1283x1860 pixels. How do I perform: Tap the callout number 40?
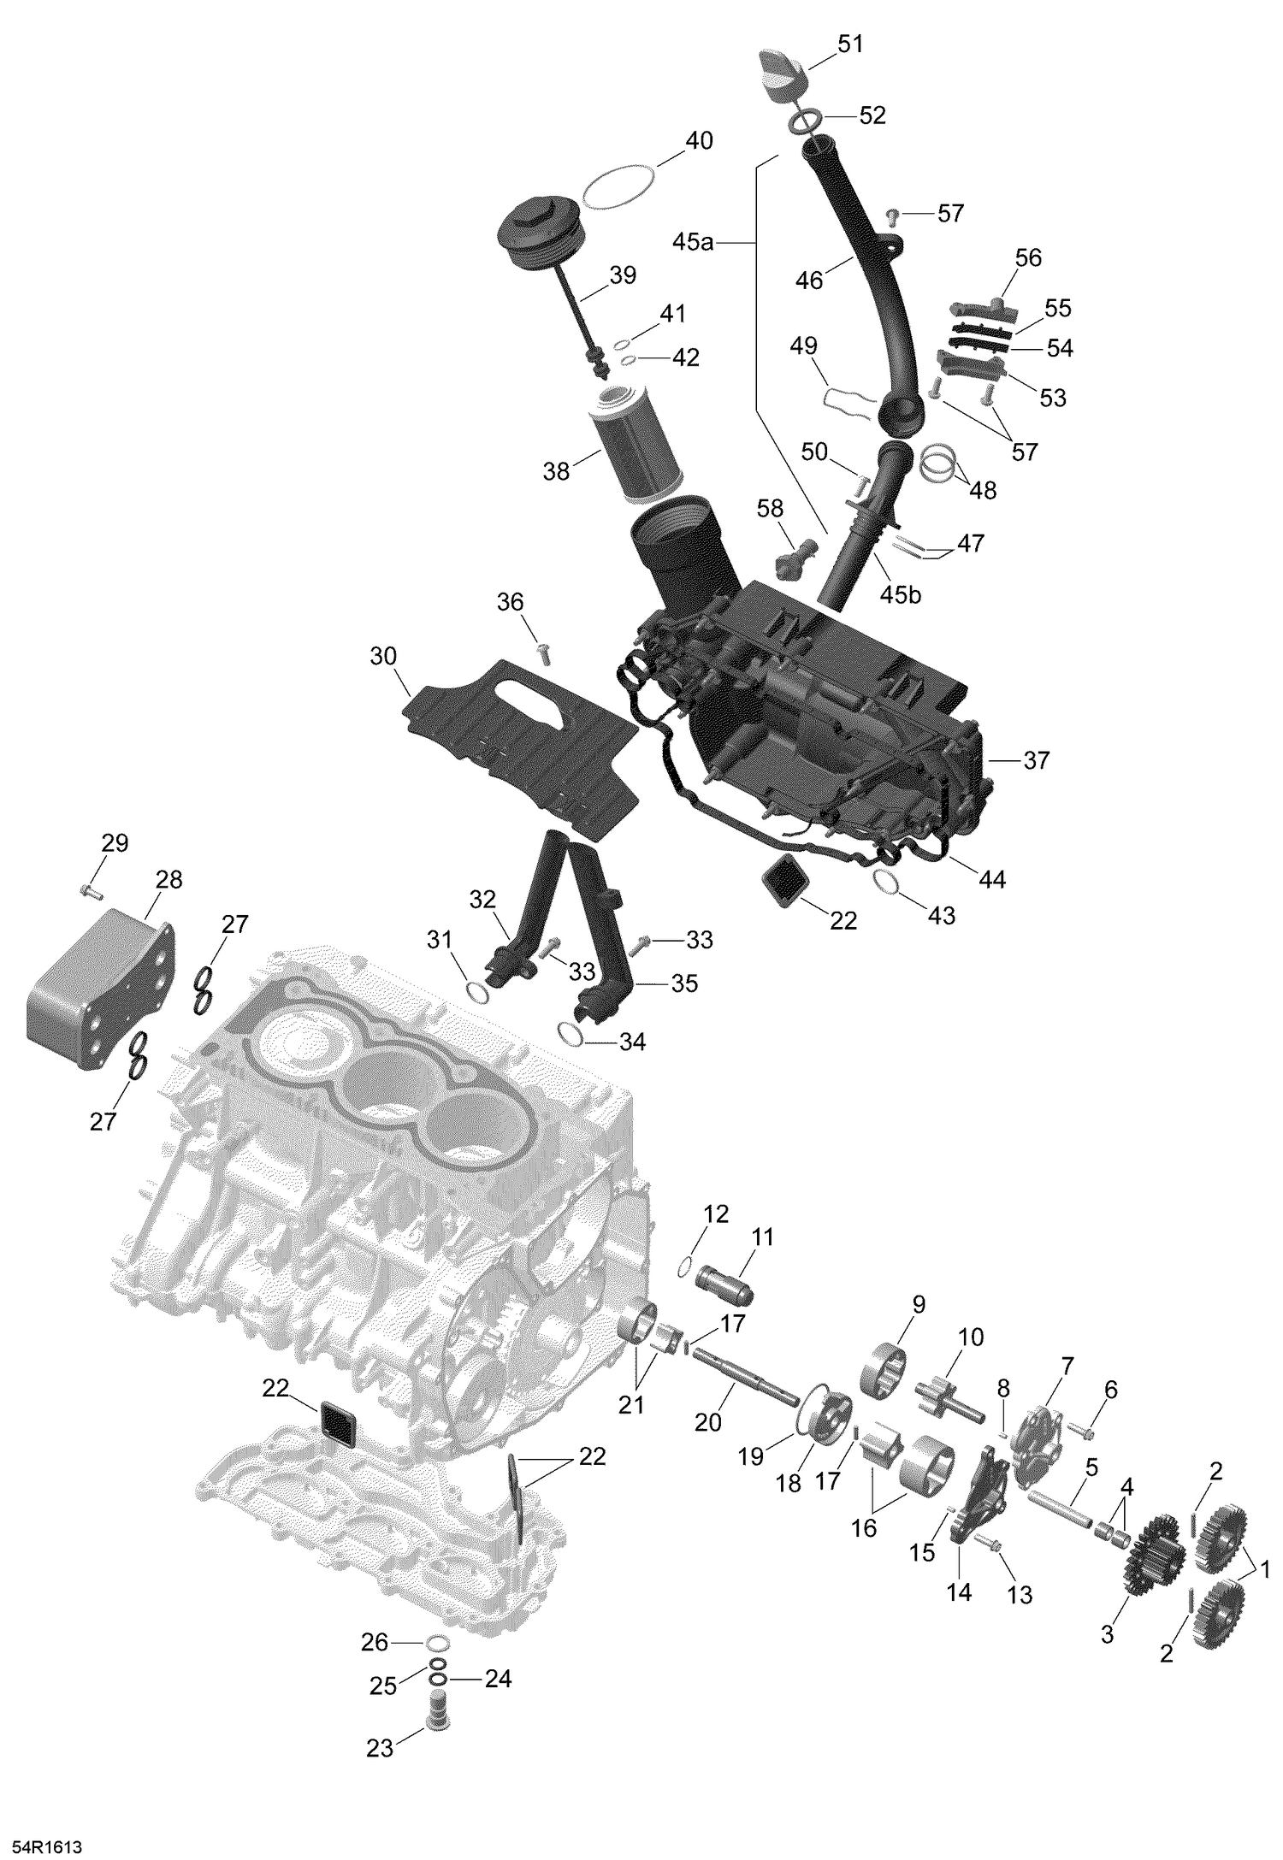click(699, 141)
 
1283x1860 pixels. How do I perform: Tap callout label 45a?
click(691, 243)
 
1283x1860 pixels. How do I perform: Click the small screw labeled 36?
click(541, 653)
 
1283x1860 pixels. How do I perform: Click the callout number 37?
click(1036, 759)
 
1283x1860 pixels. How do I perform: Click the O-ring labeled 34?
click(571, 1034)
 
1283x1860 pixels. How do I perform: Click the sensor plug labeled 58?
click(791, 561)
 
